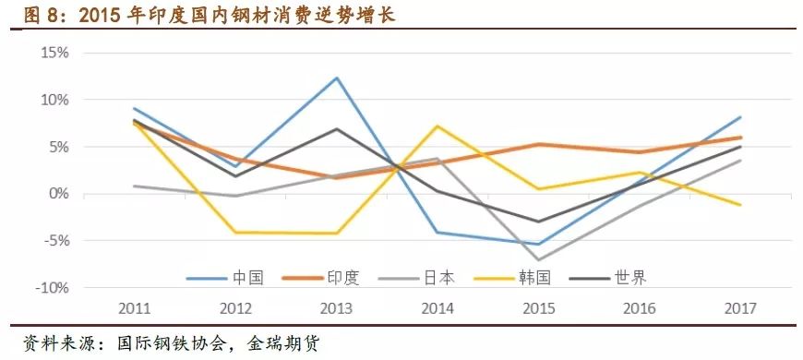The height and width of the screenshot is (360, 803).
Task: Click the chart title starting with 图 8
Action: [x=198, y=15]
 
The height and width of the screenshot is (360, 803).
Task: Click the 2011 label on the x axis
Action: [x=135, y=307]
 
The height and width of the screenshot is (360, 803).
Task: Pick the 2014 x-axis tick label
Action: [x=437, y=307]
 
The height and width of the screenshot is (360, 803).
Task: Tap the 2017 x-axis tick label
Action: [x=740, y=307]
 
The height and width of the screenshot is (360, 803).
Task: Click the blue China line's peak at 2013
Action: [x=337, y=78]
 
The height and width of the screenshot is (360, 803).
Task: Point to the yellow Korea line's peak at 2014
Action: [x=437, y=126]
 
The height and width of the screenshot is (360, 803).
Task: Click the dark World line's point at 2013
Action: [x=337, y=129]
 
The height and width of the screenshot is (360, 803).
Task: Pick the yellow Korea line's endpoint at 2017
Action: [x=740, y=205]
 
